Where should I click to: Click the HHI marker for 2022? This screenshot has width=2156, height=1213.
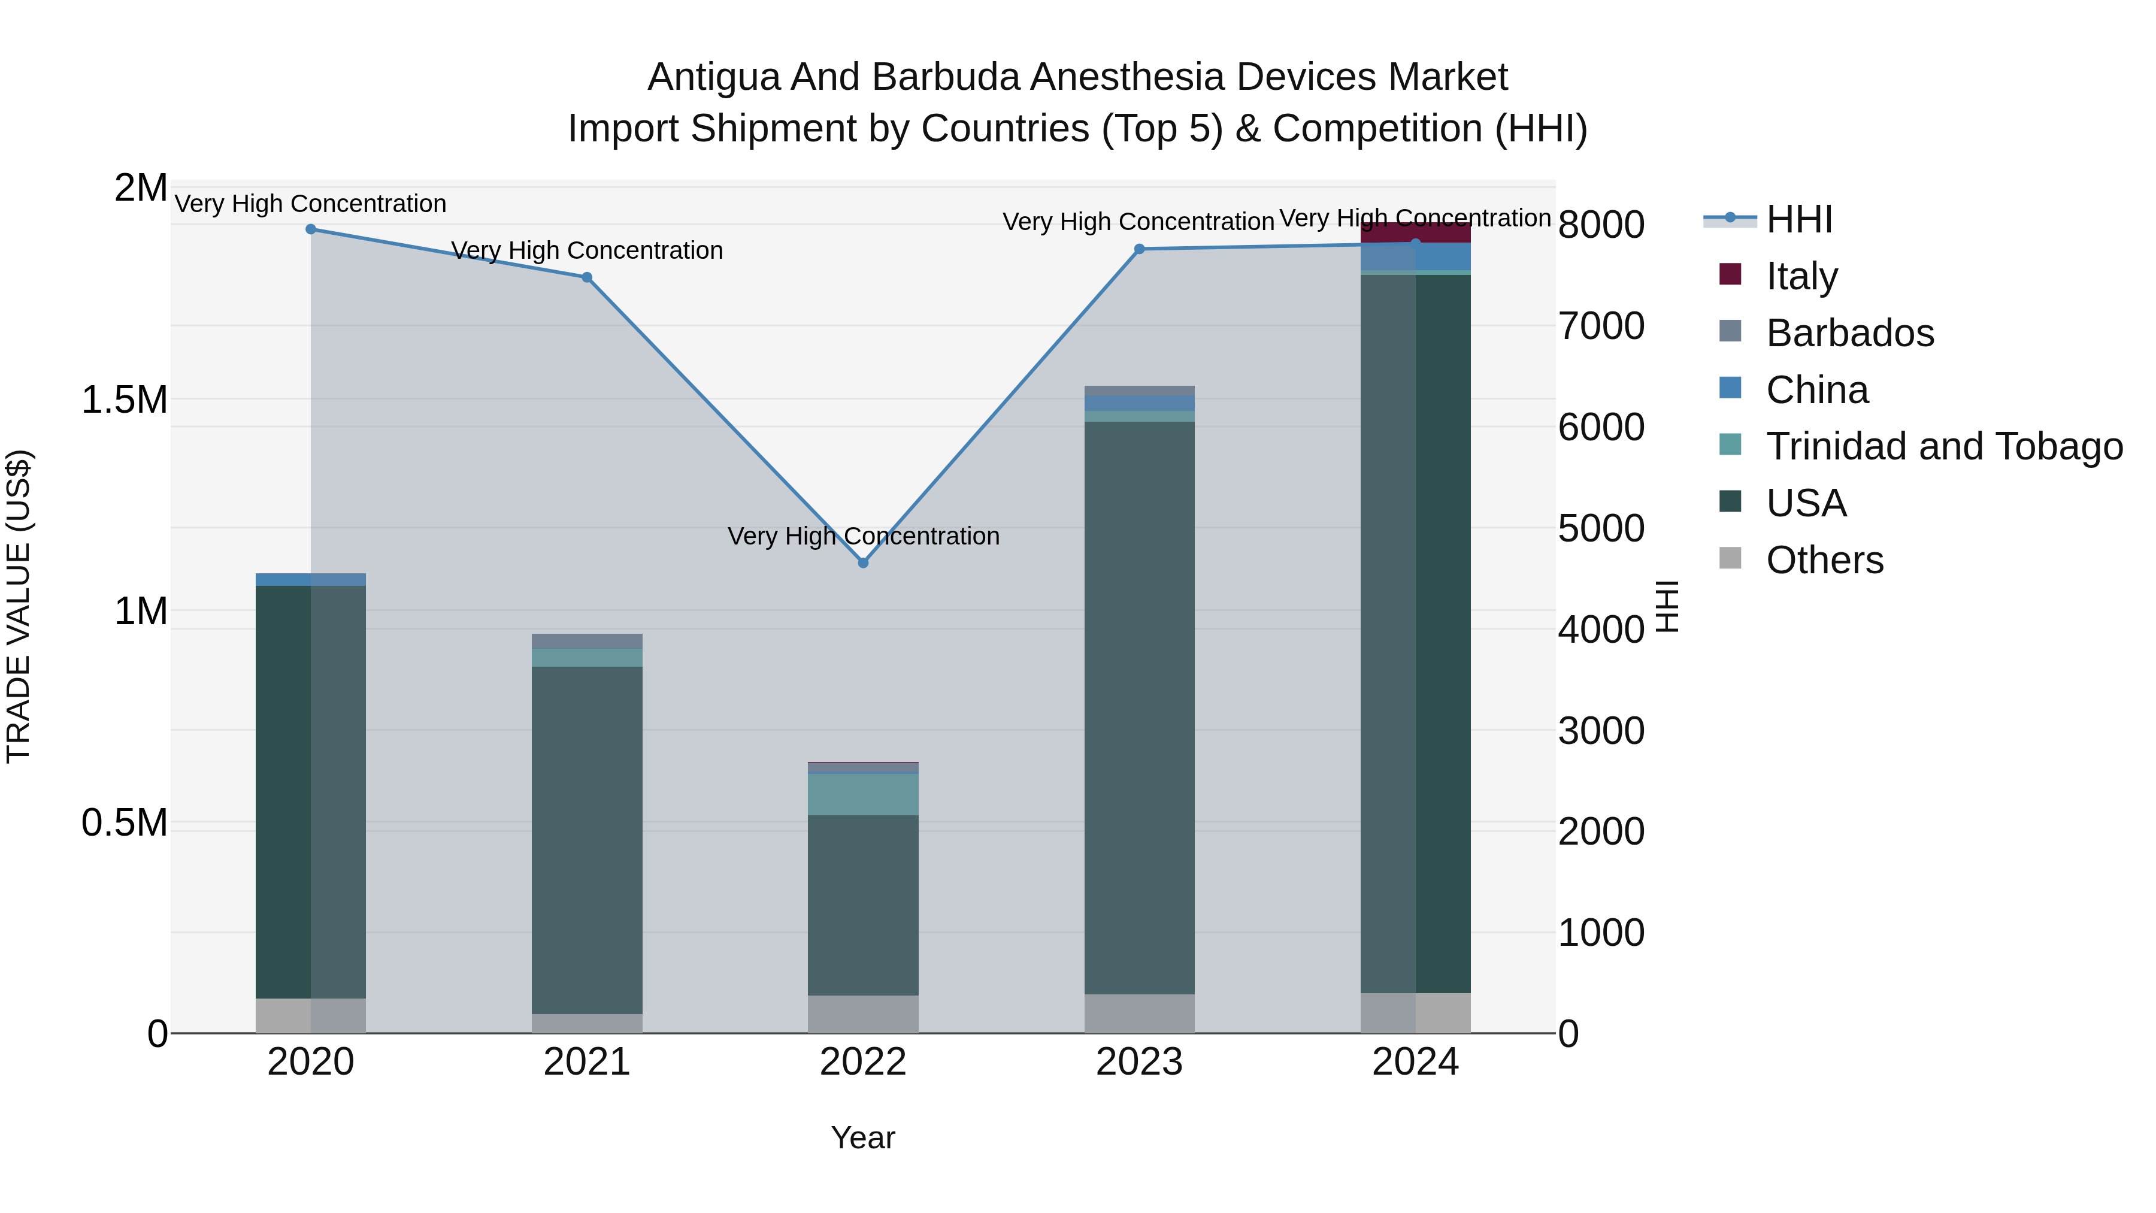click(x=863, y=562)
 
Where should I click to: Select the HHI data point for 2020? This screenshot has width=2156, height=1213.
click(x=310, y=229)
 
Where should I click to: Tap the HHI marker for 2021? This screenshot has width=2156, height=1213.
click(x=587, y=277)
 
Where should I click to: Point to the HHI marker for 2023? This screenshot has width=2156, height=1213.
click(x=1139, y=249)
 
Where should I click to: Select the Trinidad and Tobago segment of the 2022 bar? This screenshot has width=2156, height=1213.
click(x=863, y=794)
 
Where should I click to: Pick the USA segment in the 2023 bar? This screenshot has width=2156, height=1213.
click(x=1139, y=707)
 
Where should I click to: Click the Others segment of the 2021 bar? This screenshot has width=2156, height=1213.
click(x=587, y=1023)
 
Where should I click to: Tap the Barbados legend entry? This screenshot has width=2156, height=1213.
click(x=1850, y=333)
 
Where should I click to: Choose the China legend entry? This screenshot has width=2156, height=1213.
click(x=1816, y=390)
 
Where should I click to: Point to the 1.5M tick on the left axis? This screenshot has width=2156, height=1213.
click(x=125, y=400)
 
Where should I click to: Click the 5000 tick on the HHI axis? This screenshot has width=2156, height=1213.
click(x=1601, y=528)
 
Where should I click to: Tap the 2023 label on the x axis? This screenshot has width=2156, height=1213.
click(x=1139, y=1062)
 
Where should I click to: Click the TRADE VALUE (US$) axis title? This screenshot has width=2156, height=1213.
click(x=19, y=606)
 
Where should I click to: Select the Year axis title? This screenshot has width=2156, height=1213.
click(x=863, y=1138)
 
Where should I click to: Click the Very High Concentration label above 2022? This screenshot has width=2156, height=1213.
click(x=863, y=536)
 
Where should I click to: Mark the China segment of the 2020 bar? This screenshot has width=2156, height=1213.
click(x=310, y=579)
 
